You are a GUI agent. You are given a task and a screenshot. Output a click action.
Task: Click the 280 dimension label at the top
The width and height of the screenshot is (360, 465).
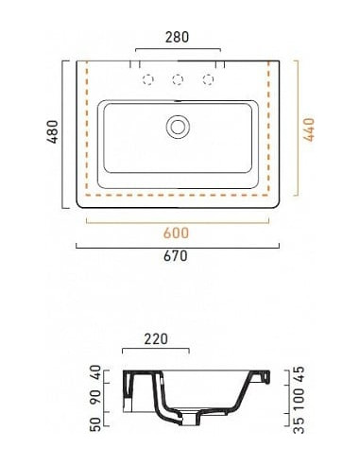[177, 37]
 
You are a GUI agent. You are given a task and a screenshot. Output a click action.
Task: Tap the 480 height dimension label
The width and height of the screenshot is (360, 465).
[53, 131]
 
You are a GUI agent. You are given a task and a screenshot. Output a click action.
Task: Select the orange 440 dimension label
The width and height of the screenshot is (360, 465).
[309, 129]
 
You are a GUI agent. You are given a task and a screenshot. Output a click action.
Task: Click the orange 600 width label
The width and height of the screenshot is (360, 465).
[176, 233]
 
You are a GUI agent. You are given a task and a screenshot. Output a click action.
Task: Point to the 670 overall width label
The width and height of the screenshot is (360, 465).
[176, 255]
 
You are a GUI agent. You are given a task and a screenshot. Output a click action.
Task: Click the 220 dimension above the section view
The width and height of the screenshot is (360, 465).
[156, 339]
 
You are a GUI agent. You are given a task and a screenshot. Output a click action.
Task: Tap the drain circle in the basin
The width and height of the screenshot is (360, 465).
[178, 127]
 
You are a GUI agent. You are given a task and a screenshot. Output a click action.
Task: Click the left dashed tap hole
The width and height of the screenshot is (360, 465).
[148, 79]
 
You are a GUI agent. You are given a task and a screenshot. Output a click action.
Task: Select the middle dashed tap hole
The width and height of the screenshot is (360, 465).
[178, 79]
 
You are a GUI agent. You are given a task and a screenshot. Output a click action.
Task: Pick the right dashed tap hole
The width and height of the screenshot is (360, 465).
[208, 79]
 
